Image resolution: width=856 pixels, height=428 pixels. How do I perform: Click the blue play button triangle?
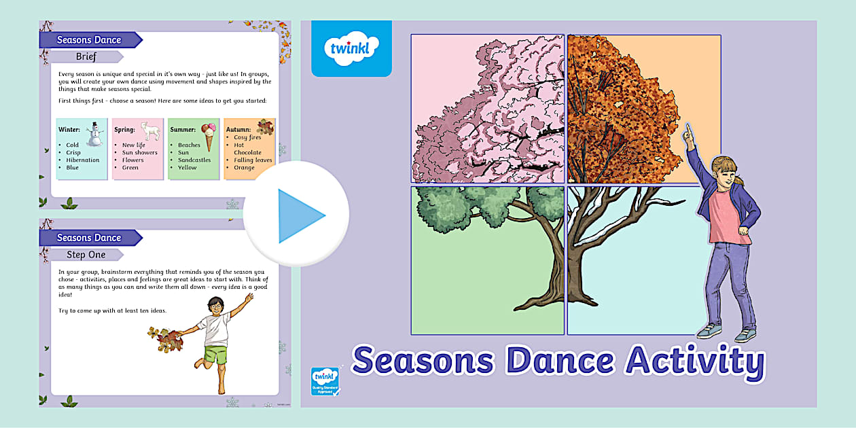299,215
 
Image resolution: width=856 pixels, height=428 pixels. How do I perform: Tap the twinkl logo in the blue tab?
351,48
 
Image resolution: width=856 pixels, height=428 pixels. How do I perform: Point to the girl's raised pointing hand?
689,130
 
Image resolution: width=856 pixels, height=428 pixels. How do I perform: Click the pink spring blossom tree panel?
487,109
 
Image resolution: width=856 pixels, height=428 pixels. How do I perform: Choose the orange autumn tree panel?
643,109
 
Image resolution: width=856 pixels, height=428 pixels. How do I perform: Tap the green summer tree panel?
487,260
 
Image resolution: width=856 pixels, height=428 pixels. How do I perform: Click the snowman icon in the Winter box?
94,133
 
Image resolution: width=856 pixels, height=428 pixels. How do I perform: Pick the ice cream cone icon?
209,135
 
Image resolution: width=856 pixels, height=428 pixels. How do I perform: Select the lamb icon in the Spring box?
149,130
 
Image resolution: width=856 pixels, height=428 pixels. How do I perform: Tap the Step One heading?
86,255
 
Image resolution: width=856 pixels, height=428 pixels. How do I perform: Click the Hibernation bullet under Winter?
82,160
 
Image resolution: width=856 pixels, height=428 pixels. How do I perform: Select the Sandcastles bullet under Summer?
194,160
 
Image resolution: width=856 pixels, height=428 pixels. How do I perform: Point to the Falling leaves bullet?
252,160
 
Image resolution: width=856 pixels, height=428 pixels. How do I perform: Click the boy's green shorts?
216,355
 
